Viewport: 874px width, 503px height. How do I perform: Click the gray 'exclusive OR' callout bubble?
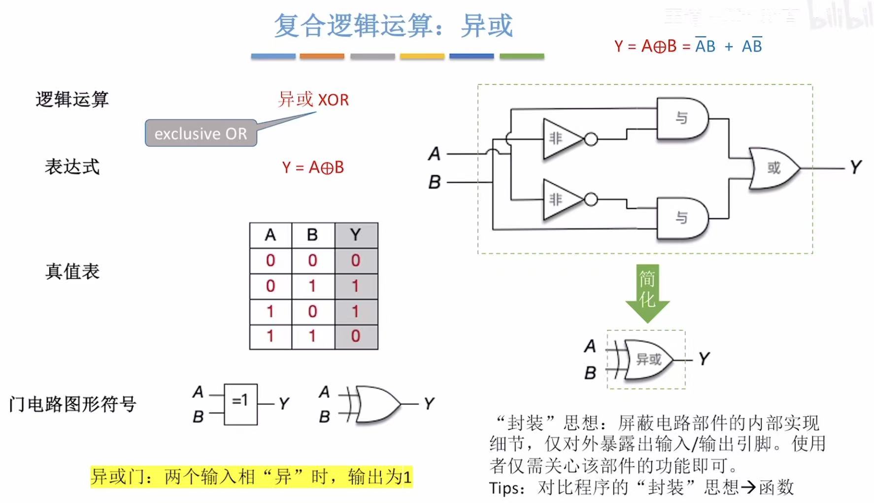(201, 133)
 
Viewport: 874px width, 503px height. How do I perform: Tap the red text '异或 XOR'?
(313, 100)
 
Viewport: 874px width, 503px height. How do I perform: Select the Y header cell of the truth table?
(356, 235)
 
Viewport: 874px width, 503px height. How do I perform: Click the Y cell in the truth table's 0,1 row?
(356, 286)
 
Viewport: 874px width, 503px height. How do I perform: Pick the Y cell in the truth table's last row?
(356, 336)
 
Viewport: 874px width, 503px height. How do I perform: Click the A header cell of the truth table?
(270, 235)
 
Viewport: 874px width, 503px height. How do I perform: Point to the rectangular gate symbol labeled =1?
(240, 404)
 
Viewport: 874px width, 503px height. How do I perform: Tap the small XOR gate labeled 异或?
(648, 360)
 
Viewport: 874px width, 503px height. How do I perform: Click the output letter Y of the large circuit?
(856, 168)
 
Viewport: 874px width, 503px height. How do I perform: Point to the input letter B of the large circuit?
(434, 182)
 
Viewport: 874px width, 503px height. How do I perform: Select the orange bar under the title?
(322, 57)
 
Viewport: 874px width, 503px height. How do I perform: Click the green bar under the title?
(522, 57)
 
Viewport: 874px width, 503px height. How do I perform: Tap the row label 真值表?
(72, 271)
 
